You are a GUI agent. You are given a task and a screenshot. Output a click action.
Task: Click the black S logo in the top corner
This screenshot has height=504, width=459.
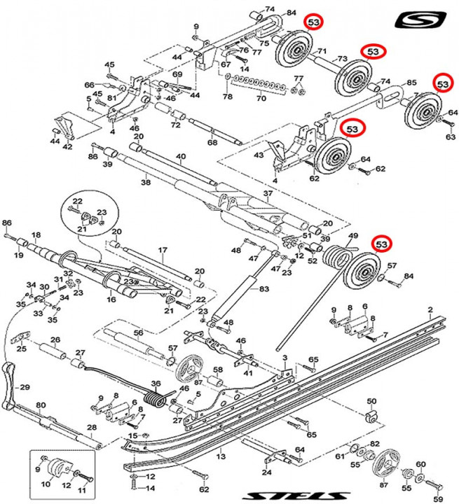click(x=420, y=20)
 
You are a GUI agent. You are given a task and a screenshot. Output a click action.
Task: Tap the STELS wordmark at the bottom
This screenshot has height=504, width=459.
click(x=273, y=496)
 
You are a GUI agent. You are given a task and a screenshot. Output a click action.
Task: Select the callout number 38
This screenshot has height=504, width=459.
click(x=146, y=182)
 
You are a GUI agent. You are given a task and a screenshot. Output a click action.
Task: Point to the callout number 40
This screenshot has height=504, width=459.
click(x=181, y=156)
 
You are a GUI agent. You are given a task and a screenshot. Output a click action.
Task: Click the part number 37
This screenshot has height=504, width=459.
click(x=267, y=193)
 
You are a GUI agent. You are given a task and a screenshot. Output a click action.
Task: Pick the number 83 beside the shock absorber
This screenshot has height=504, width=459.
click(x=263, y=288)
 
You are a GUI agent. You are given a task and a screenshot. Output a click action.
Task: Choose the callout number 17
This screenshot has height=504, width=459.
click(x=162, y=250)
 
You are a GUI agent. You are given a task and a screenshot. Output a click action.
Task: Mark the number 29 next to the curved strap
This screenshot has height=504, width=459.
click(x=25, y=387)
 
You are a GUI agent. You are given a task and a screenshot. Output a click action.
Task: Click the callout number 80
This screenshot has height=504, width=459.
click(x=41, y=405)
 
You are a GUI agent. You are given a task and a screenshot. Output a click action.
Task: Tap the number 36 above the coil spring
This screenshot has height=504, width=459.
click(x=156, y=383)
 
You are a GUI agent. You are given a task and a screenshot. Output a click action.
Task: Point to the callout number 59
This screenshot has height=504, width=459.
click(x=439, y=499)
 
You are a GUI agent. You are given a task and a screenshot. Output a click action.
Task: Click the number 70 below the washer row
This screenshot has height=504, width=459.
click(x=261, y=99)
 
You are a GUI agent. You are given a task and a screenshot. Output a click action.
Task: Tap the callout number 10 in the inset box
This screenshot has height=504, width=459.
click(x=47, y=484)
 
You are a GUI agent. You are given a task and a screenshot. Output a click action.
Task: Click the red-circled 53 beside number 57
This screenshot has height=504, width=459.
click(x=382, y=244)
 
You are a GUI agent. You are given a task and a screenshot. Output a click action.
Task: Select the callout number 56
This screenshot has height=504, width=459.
click(x=138, y=332)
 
